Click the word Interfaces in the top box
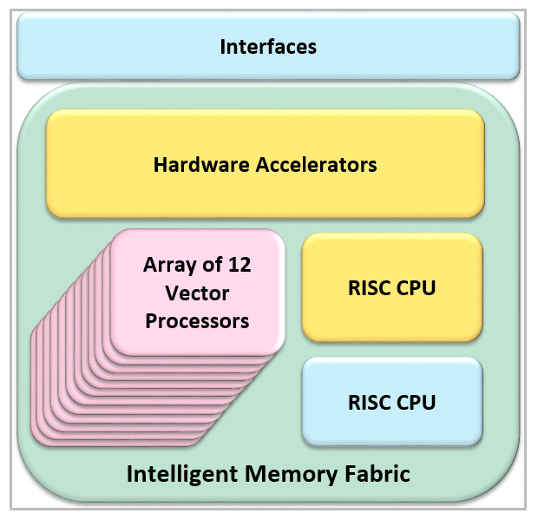268,46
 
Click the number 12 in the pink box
263,264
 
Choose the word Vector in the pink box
198,293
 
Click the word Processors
198,321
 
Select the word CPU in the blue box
416,403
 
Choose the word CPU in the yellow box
416,288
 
